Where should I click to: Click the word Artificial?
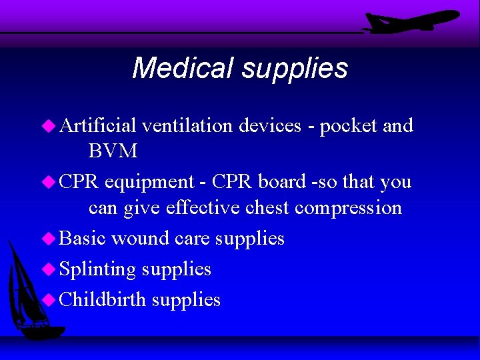coord(98,125)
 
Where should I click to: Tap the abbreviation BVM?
coord(113,151)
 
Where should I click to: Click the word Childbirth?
coord(102,299)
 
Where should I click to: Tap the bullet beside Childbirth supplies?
coord(49,299)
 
